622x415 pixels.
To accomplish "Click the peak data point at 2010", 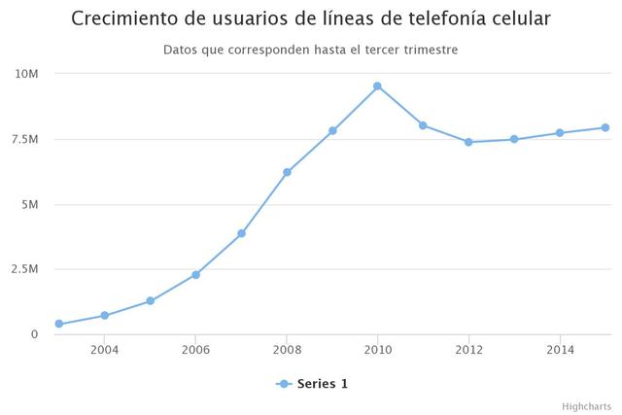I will click(x=377, y=86).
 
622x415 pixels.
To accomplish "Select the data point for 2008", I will click(x=287, y=172).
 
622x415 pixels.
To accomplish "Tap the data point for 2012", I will click(x=468, y=142).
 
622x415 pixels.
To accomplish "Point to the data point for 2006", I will click(x=195, y=275).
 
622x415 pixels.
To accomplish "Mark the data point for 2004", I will click(x=105, y=316).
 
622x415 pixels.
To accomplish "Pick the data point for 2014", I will click(x=560, y=133).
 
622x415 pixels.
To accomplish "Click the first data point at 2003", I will click(x=59, y=324).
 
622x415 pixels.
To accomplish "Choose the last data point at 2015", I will click(x=605, y=127).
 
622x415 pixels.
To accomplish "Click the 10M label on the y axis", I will click(x=26, y=74).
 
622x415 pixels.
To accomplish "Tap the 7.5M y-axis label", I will click(x=23, y=139).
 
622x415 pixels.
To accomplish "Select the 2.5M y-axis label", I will click(x=23, y=269).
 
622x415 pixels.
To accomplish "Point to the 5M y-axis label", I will click(x=28, y=204).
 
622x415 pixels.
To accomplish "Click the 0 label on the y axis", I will click(x=33, y=334).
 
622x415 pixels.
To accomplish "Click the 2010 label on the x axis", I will click(x=377, y=350).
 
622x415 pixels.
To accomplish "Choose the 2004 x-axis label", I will click(x=105, y=350).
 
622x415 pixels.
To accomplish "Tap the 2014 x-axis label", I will click(x=560, y=350).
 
